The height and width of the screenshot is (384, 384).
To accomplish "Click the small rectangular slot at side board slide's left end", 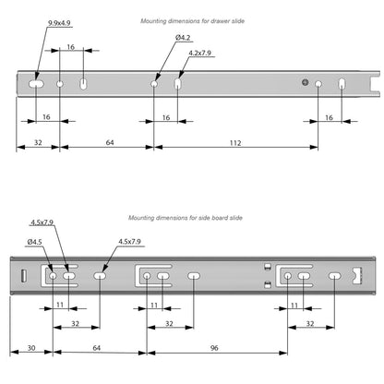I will pyautogui.click(x=20, y=277).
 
